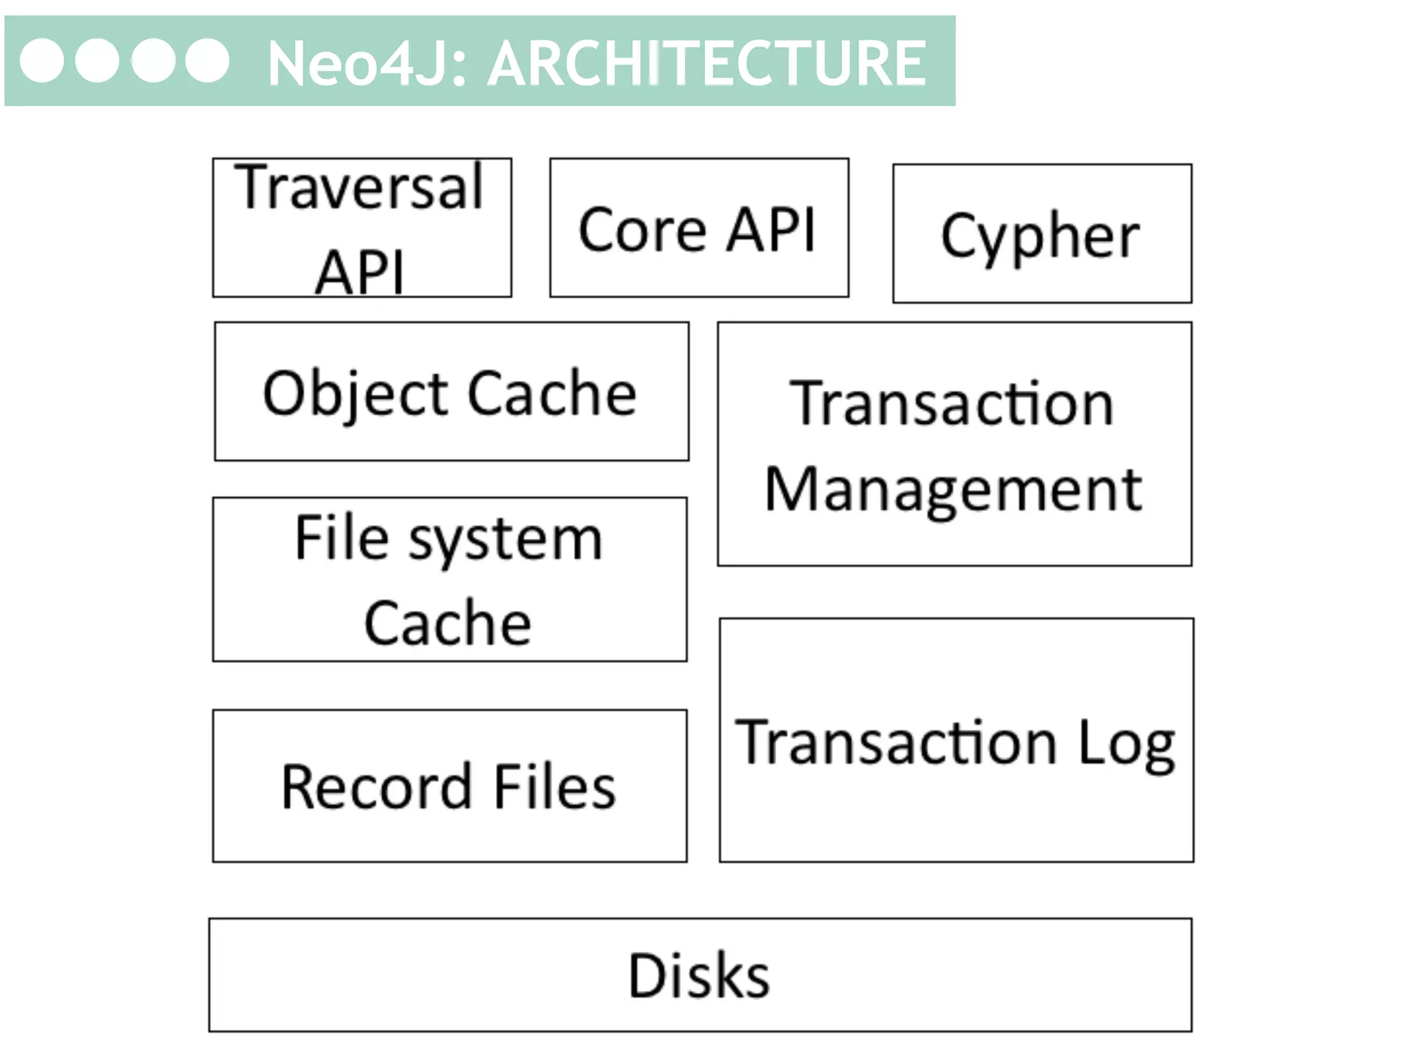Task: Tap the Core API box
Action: pyautogui.click(x=698, y=229)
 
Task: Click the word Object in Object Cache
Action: pyautogui.click(x=354, y=394)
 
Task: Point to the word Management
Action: pyautogui.click(x=953, y=490)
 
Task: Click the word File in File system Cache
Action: pyautogui.click(x=342, y=538)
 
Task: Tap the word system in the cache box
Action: pyautogui.click(x=506, y=541)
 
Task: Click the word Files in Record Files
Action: pyautogui.click(x=554, y=788)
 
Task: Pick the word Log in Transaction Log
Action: pyautogui.click(x=1127, y=744)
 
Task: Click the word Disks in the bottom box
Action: pyautogui.click(x=699, y=976)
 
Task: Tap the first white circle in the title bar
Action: pyautogui.click(x=42, y=61)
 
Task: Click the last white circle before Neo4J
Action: pyautogui.click(x=207, y=61)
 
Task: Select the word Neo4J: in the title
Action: pyautogui.click(x=367, y=64)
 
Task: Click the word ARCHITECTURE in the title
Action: pyautogui.click(x=706, y=64)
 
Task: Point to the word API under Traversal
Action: pyautogui.click(x=359, y=272)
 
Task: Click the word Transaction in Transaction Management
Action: pyautogui.click(x=952, y=404)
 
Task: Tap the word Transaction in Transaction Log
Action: pyautogui.click(x=897, y=742)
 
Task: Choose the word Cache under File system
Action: pyautogui.click(x=447, y=623)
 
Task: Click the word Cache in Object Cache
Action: pyautogui.click(x=552, y=393)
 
